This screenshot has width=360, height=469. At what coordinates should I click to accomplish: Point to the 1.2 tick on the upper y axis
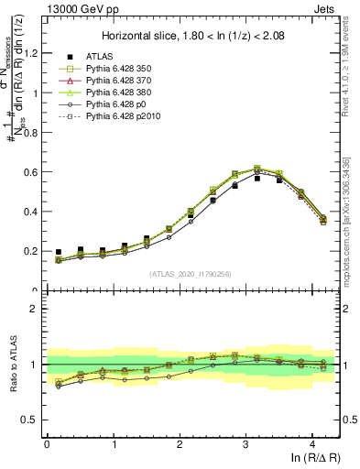[x=33, y=53]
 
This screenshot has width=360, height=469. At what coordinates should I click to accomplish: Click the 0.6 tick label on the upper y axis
[x=33, y=172]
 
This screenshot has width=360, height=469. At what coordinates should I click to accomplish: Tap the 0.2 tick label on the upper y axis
[x=33, y=251]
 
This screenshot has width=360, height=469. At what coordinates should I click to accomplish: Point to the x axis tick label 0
[x=47, y=443]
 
